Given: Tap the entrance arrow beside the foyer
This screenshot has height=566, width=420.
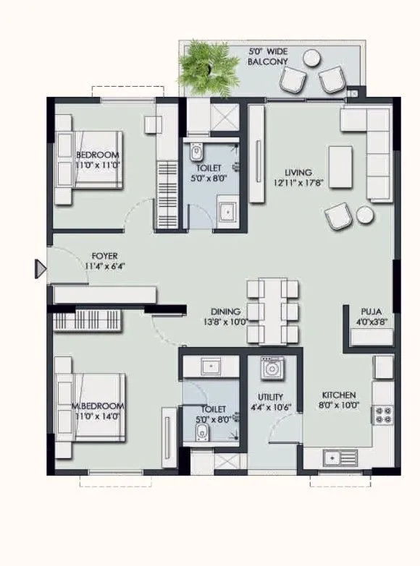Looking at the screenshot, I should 41,270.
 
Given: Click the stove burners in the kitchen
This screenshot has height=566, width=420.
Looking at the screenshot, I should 382,414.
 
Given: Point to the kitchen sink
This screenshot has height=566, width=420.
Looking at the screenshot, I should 334,457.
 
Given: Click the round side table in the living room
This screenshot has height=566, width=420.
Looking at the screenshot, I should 365,214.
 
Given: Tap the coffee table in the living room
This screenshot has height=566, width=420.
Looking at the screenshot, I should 340,162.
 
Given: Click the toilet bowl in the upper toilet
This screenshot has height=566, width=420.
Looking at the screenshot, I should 196,154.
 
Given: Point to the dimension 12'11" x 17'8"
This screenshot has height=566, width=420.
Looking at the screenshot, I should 298,184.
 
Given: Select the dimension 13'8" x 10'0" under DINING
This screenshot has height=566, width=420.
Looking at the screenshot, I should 226,322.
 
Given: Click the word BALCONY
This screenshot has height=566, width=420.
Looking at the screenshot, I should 267,62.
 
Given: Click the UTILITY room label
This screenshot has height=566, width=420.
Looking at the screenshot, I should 270,397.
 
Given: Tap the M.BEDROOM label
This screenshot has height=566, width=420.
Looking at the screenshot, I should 98,406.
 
